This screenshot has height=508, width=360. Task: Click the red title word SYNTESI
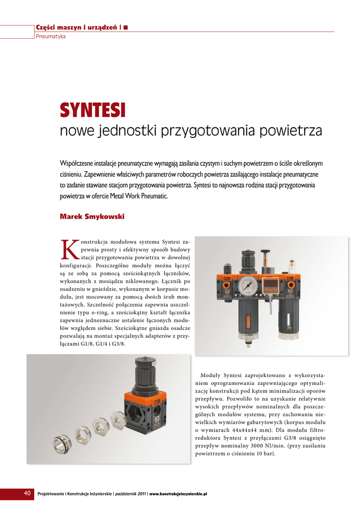[x=93, y=110]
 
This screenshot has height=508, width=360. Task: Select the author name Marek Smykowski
[x=92, y=217]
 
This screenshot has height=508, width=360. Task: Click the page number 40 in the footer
[x=27, y=494]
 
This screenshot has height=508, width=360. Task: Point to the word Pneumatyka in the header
[x=51, y=37]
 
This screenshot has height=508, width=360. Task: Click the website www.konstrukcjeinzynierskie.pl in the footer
[x=178, y=494]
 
